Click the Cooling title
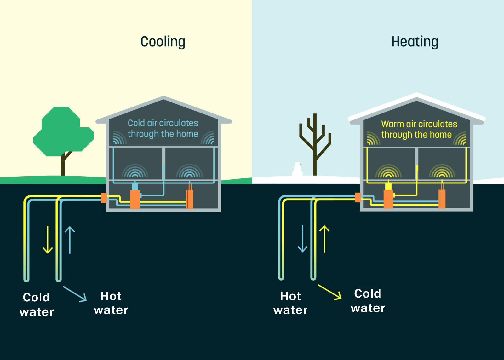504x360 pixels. [x=163, y=42]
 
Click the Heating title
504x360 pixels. [x=415, y=42]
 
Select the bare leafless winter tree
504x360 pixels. [x=315, y=142]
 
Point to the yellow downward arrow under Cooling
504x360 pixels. [x=48, y=240]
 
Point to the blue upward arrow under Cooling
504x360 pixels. [x=70, y=240]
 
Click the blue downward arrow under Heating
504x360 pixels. [x=302, y=239]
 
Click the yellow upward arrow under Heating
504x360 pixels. [x=324, y=239]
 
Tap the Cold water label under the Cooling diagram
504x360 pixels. [x=37, y=304]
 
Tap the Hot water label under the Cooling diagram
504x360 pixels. [x=111, y=303]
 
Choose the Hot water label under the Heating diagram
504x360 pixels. [x=290, y=303]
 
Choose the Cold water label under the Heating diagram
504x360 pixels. [x=368, y=301]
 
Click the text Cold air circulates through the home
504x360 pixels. [x=163, y=128]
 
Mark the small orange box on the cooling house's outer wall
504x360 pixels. [x=104, y=198]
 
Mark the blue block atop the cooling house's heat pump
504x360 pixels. [x=135, y=186]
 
